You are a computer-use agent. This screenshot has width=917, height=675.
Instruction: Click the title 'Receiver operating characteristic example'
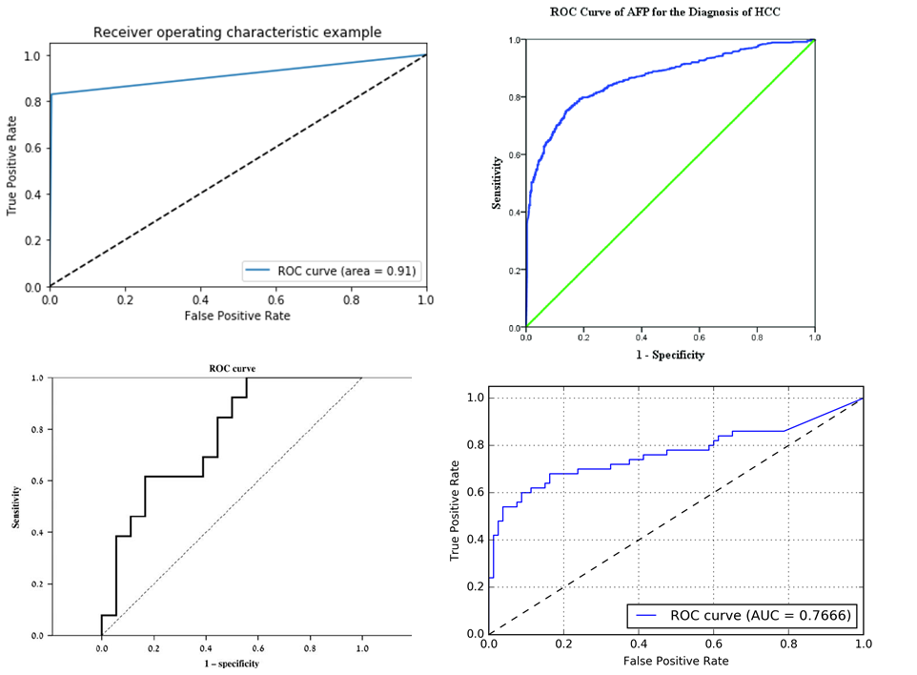tap(237, 32)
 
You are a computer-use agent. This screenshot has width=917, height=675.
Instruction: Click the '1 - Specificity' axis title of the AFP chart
tap(670, 355)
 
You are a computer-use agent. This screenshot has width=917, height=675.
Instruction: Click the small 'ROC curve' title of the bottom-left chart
tap(231, 367)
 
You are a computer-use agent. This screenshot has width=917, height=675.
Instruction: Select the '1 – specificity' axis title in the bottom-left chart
tap(230, 664)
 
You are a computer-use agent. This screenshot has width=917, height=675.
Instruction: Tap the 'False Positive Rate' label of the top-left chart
tap(237, 316)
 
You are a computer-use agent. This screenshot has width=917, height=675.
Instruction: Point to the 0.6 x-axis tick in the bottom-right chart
tap(713, 644)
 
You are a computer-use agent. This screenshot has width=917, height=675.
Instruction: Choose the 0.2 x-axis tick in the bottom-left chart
tap(153, 646)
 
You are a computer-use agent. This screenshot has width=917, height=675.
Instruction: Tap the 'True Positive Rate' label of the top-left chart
tap(12, 166)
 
